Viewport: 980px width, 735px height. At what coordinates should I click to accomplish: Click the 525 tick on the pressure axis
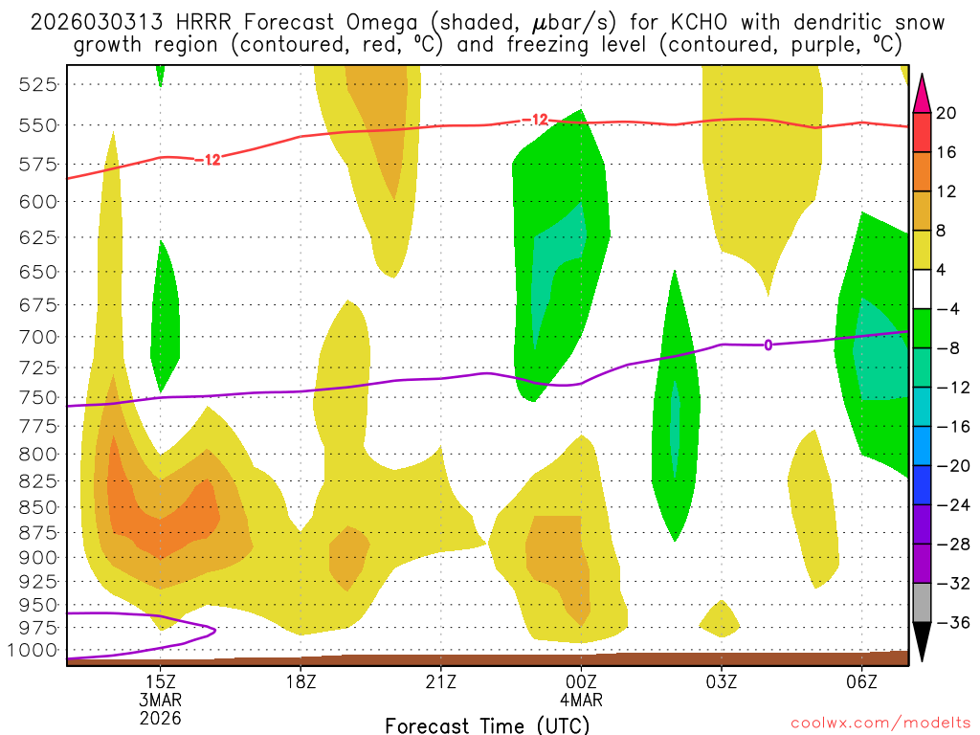coord(36,84)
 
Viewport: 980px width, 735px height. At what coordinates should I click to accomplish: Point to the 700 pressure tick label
coord(36,336)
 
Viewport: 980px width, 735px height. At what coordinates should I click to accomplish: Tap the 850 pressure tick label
coord(36,507)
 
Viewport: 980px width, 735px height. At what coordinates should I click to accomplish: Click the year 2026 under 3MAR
coord(160,717)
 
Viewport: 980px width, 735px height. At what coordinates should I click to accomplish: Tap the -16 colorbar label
coord(946,427)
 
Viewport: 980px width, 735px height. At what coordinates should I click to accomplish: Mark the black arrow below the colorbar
coord(923,641)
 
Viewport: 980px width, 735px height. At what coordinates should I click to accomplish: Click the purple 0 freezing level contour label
coord(768,345)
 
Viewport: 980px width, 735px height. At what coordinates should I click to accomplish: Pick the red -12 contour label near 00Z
coord(535,120)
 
